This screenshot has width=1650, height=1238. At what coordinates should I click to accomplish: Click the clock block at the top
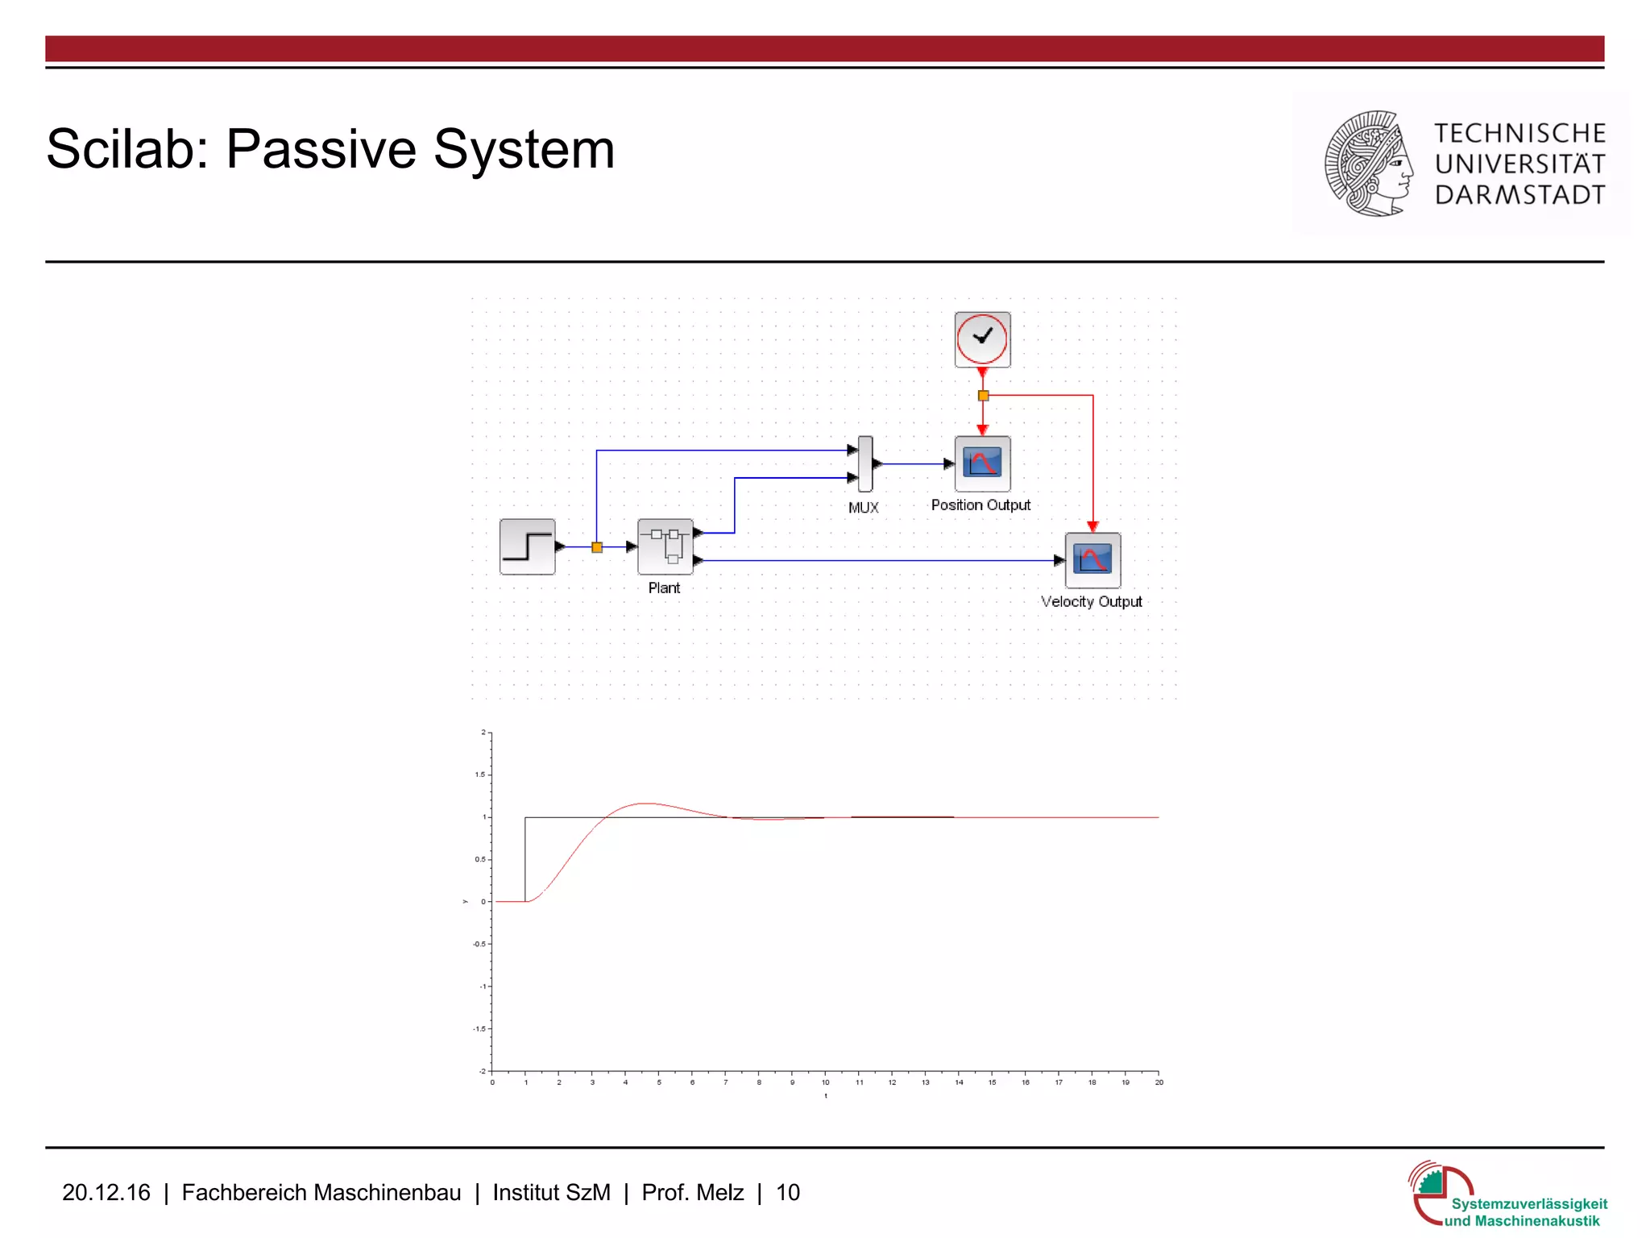click(982, 339)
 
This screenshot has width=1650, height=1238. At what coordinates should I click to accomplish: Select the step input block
click(528, 546)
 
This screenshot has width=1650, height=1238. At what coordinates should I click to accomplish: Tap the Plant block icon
click(665, 546)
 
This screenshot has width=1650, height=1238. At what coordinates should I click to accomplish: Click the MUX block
click(865, 463)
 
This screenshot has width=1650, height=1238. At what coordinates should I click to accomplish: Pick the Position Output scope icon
click(982, 463)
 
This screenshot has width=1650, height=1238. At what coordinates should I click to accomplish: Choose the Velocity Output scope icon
click(1092, 560)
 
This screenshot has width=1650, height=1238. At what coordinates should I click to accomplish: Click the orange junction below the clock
click(983, 396)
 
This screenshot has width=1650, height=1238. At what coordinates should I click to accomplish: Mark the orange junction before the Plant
click(597, 547)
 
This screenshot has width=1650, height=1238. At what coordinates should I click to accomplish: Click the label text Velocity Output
click(1091, 602)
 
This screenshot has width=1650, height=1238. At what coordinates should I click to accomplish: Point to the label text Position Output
click(980, 505)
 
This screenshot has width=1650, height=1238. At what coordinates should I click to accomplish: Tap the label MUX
click(863, 508)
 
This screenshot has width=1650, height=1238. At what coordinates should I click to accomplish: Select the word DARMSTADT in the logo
click(1519, 195)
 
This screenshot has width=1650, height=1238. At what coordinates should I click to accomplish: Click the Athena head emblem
click(1369, 164)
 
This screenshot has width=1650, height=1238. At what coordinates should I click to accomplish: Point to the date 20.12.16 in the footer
click(106, 1192)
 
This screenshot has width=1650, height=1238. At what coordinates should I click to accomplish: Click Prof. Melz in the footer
click(692, 1192)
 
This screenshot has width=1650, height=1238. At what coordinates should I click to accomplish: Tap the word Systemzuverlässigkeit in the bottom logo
click(1529, 1203)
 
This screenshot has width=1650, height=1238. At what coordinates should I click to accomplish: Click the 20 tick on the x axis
click(1159, 1082)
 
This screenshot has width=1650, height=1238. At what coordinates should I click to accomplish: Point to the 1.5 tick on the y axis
click(480, 775)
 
